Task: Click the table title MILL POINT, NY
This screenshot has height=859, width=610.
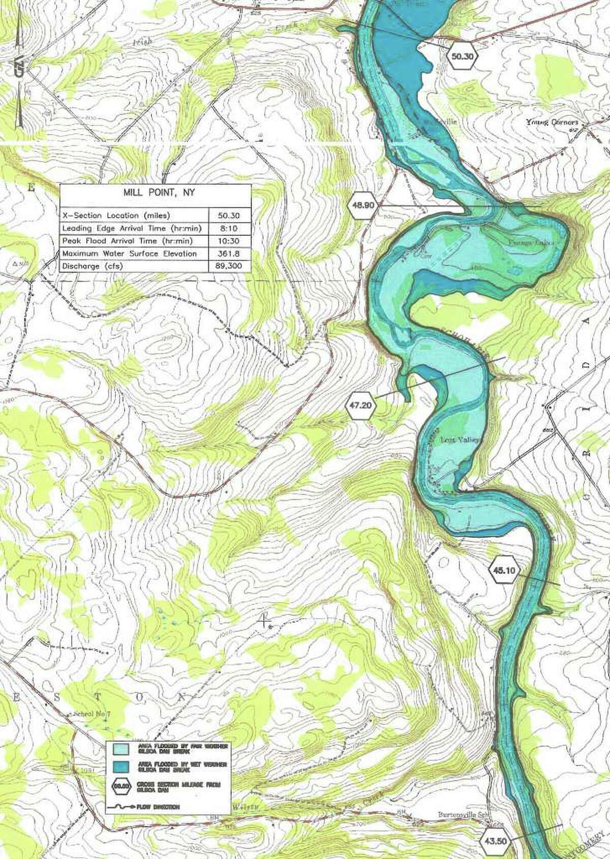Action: tap(155, 194)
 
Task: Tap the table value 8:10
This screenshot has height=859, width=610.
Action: tap(229, 228)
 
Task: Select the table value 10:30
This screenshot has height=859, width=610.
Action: tap(229, 240)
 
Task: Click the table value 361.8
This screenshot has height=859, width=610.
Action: tap(229, 253)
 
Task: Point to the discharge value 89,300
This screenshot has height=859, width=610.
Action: tap(229, 266)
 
